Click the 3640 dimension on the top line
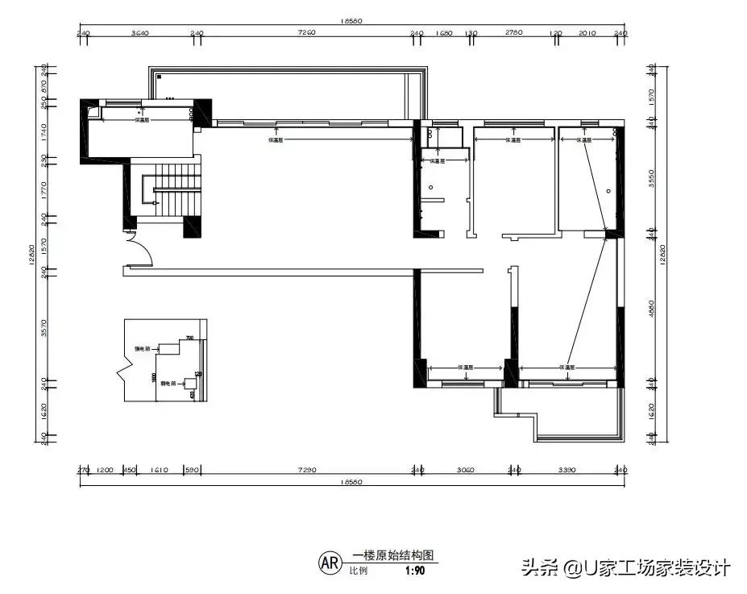[139, 33]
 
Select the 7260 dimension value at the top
[306, 33]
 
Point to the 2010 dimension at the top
[587, 33]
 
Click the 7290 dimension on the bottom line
[307, 469]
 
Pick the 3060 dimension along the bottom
[465, 469]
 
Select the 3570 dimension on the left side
[45, 326]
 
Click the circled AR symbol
[329, 561]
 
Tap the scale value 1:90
[415, 571]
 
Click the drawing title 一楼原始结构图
[393, 556]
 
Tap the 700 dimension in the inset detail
[189, 338]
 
